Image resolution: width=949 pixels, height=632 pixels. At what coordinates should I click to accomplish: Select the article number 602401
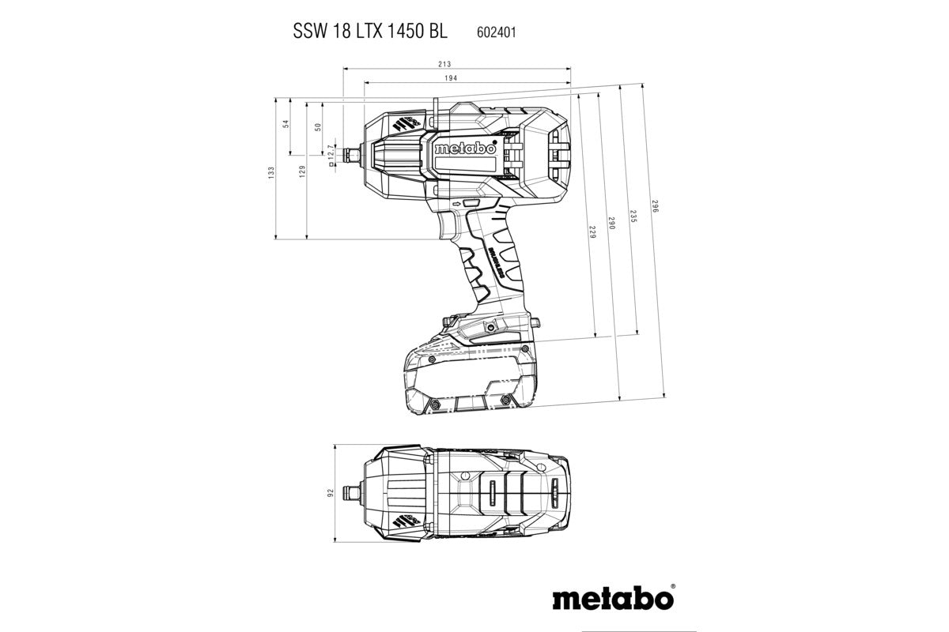[x=497, y=32]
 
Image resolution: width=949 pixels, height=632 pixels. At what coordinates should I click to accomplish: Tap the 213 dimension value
[x=444, y=64]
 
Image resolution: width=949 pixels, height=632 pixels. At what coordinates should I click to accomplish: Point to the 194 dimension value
[x=451, y=78]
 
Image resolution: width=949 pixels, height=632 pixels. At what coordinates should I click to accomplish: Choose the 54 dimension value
[x=286, y=123]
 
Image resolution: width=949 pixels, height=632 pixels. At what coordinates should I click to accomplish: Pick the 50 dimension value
[x=318, y=126]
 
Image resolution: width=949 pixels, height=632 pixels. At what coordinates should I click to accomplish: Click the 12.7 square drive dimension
[x=331, y=155]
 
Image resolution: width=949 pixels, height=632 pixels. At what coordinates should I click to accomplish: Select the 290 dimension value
[x=611, y=224]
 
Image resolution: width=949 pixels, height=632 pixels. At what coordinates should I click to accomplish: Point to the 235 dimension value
[x=633, y=217]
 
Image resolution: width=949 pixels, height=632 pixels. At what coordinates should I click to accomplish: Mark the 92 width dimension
[x=331, y=494]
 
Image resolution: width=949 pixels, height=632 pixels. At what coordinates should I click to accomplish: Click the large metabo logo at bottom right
[x=608, y=598]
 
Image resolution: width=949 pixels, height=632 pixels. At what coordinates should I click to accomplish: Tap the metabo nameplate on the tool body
[x=465, y=149]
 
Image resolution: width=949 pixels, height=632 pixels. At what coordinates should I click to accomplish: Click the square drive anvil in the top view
[x=346, y=494]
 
